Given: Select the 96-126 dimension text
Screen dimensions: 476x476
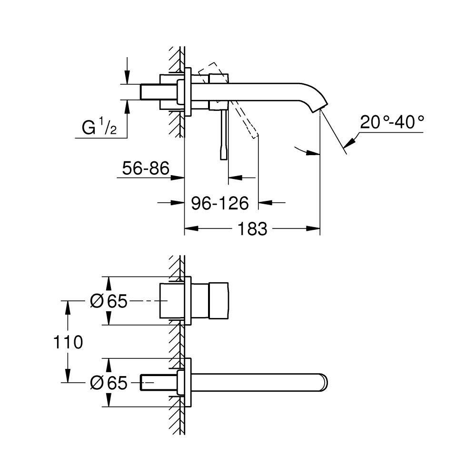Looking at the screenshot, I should pos(220,203).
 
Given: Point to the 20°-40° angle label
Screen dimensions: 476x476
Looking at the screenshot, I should pos(392,123).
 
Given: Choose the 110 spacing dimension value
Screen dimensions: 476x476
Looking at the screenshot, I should pos(69,342).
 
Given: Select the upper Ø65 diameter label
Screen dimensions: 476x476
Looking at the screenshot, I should pos(109,301).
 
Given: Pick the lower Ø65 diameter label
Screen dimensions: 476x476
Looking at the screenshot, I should pos(109,382).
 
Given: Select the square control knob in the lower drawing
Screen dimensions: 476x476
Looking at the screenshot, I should pos(219,301).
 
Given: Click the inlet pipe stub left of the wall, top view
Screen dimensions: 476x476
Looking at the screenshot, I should pos(151,92).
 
